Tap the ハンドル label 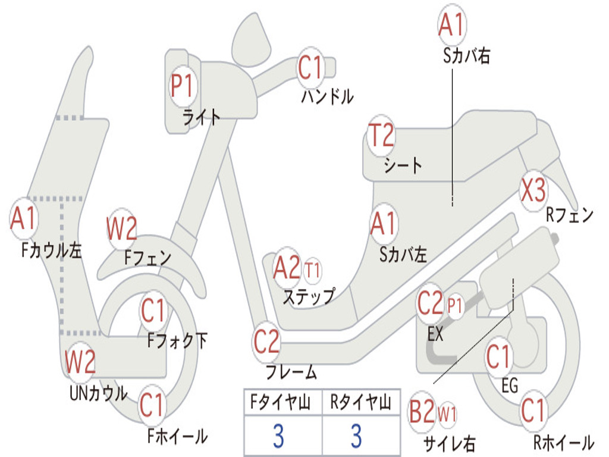(327, 96)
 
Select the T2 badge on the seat (381, 136)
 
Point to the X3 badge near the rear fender (533, 190)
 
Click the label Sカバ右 (466, 56)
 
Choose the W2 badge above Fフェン (122, 228)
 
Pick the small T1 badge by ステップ (313, 270)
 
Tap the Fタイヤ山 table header (281, 402)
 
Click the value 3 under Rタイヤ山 (357, 436)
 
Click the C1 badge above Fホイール (152, 405)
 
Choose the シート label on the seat (403, 165)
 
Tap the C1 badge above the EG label (499, 358)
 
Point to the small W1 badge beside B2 (447, 414)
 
